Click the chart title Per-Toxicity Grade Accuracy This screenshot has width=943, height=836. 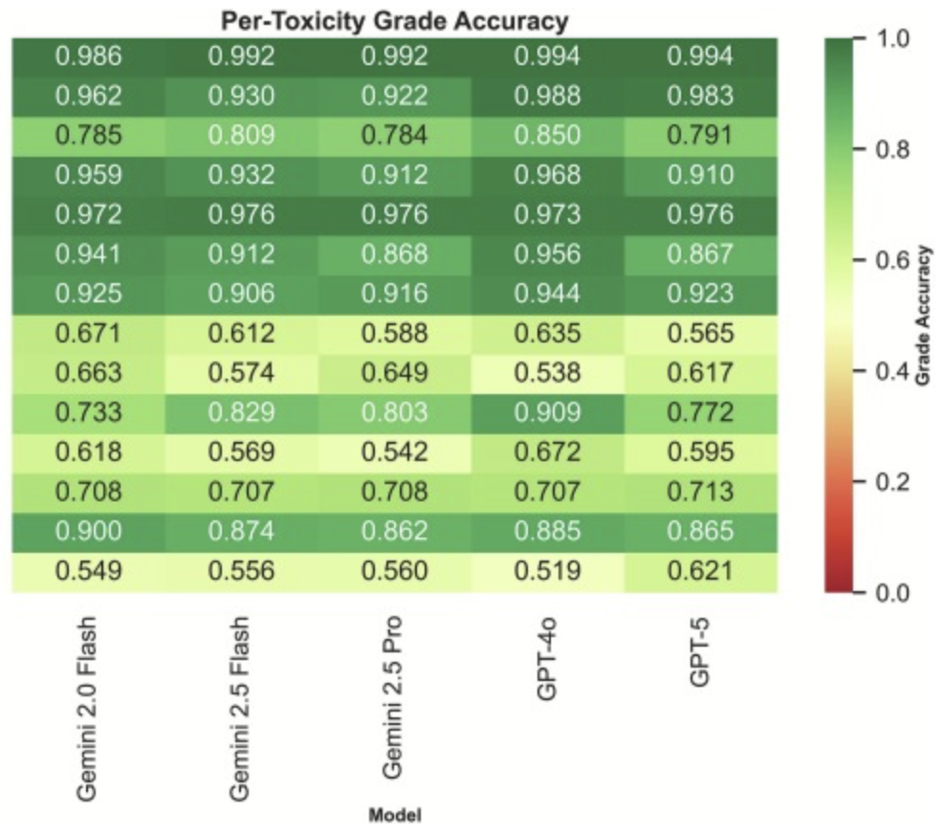click(x=394, y=19)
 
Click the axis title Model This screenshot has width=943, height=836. click(x=394, y=816)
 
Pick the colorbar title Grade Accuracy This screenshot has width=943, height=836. click(x=924, y=315)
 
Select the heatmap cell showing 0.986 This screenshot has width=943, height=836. click(x=88, y=56)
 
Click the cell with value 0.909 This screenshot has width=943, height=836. click(x=547, y=412)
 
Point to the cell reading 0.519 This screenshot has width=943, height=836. click(x=547, y=571)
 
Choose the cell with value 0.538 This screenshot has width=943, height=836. click(x=547, y=373)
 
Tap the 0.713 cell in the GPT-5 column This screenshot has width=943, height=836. click(x=700, y=492)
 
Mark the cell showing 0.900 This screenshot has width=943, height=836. click(x=88, y=531)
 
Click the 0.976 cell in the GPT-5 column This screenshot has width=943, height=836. click(x=700, y=214)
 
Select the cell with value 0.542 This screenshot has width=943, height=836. click(x=394, y=452)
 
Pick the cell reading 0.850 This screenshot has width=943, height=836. click(x=547, y=135)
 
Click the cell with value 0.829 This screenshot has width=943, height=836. click(x=241, y=412)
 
